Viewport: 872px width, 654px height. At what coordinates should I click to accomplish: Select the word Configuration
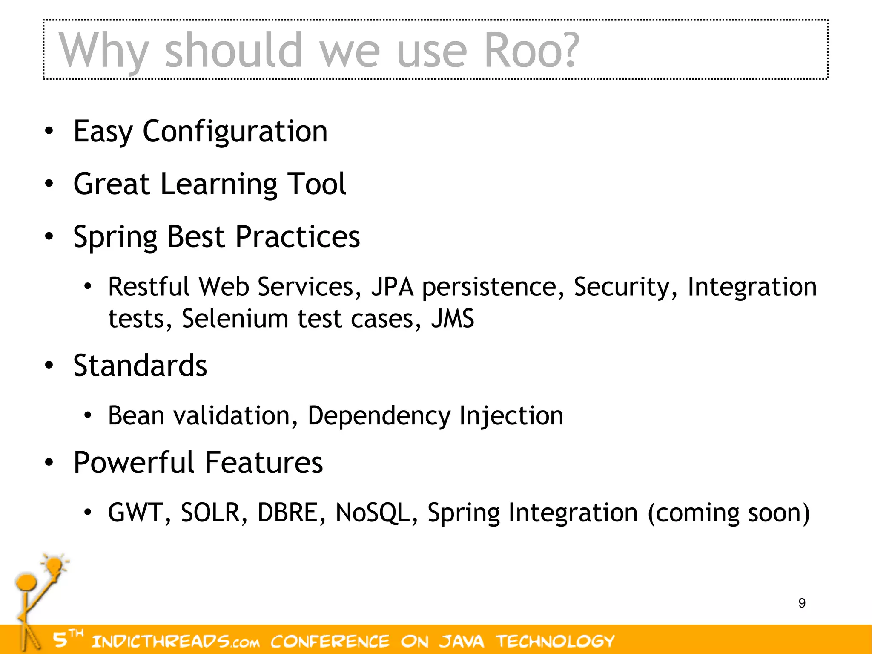(235, 131)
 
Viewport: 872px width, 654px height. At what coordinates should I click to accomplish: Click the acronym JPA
(392, 287)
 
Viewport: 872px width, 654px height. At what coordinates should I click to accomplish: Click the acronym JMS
(453, 319)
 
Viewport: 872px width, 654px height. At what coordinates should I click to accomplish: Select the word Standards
(140, 366)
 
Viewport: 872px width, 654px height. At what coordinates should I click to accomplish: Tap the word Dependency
(379, 416)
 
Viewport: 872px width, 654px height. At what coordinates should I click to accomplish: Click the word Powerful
(135, 463)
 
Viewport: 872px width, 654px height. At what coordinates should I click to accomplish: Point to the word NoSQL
(373, 513)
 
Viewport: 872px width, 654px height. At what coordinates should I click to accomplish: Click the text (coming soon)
(729, 513)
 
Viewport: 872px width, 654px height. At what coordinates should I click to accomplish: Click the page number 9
(802, 603)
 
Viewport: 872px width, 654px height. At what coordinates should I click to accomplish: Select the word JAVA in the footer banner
(462, 641)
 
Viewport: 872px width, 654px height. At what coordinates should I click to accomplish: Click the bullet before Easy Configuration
(49, 131)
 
